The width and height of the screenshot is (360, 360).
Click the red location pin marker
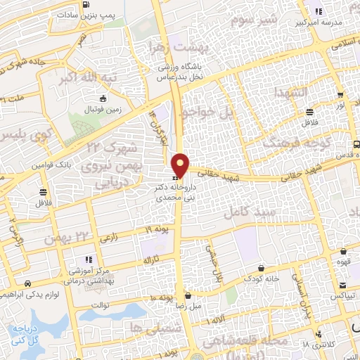(x=181, y=165)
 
